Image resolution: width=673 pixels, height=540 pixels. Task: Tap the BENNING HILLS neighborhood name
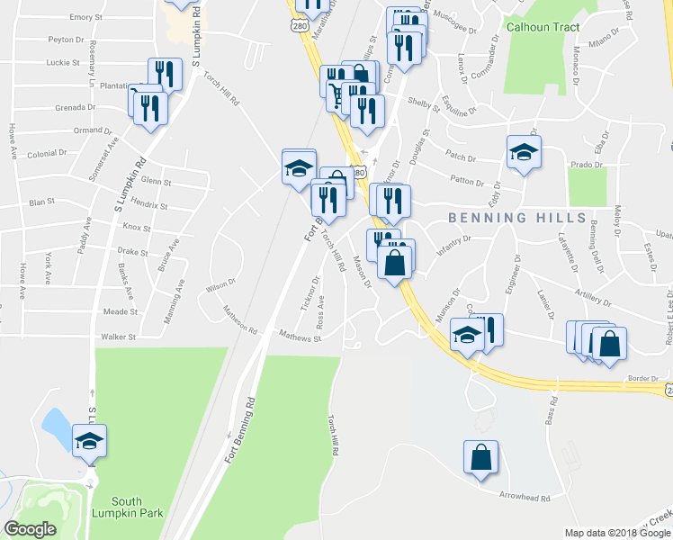coord(517,219)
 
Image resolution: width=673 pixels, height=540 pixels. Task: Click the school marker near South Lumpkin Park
coord(89,442)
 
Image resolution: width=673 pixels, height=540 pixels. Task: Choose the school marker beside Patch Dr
coord(523,153)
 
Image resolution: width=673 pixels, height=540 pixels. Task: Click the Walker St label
coord(118,337)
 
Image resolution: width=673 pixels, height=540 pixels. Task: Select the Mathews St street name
coord(299,337)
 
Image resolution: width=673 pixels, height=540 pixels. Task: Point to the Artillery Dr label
coord(590,299)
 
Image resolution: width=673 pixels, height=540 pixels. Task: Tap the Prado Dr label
coord(586,165)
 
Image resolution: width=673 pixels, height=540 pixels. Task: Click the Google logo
coord(30,529)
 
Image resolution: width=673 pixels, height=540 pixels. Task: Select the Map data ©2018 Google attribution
coord(617,533)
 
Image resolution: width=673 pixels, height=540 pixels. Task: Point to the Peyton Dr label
coord(67,40)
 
